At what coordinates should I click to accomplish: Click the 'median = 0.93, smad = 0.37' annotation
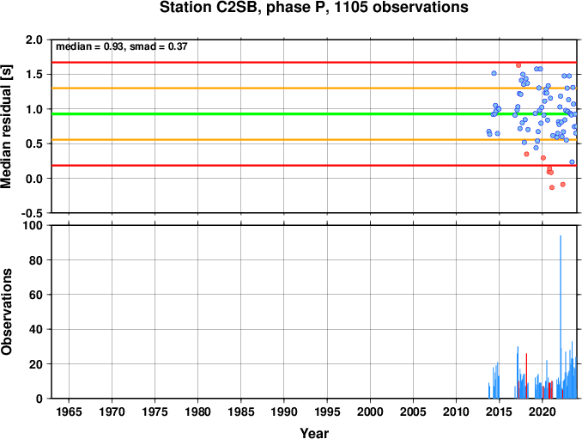point(121,46)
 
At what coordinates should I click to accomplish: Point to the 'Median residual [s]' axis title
point(6,126)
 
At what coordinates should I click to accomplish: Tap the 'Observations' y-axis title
point(6,312)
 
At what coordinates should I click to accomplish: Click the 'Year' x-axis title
point(314,433)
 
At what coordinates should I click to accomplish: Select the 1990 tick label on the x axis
point(284,412)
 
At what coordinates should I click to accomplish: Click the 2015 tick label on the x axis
point(500,412)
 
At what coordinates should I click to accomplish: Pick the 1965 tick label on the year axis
point(69,412)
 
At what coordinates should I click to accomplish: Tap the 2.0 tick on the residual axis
point(34,40)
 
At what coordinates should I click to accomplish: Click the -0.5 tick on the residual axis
point(32,213)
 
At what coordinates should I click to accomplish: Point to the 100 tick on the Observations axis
point(33,225)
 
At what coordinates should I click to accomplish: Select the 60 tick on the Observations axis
point(36,295)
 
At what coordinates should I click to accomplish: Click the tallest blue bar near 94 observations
point(561,317)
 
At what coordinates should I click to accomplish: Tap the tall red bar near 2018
point(526,376)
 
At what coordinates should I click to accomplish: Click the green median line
point(314,113)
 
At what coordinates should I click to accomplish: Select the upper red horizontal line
point(314,63)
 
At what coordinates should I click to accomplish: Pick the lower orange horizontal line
point(314,140)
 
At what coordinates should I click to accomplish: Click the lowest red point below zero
point(552,187)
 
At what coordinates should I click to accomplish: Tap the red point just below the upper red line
point(518,65)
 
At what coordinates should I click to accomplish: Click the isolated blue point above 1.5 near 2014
point(494,73)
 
